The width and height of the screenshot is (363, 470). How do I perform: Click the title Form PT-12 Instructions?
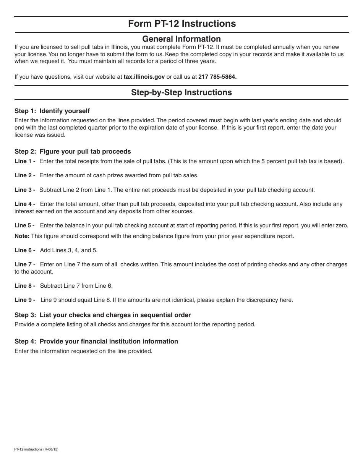click(x=181, y=24)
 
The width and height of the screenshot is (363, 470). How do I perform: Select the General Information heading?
click(x=181, y=39)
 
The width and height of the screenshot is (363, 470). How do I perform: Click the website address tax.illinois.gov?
click(x=144, y=77)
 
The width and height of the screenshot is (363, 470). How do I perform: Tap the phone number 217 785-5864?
click(x=217, y=77)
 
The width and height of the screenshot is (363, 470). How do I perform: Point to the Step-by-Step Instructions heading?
click(x=181, y=92)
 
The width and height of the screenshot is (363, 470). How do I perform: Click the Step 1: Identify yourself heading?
click(x=52, y=111)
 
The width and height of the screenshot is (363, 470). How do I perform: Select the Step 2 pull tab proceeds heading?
click(x=73, y=152)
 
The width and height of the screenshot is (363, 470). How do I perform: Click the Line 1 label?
click(x=24, y=161)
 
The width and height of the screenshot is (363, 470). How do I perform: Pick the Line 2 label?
click(x=24, y=175)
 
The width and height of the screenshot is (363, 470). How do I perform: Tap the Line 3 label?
click(x=24, y=190)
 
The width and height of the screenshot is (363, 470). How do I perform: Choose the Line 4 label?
click(x=24, y=204)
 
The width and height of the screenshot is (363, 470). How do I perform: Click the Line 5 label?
click(x=24, y=225)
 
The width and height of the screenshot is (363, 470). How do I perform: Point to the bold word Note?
click(x=22, y=236)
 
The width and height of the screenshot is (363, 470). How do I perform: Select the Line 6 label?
click(x=24, y=250)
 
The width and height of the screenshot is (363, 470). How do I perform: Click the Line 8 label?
click(x=24, y=286)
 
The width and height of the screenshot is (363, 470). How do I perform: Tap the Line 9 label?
click(x=24, y=300)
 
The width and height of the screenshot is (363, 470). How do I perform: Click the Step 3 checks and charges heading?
click(x=102, y=315)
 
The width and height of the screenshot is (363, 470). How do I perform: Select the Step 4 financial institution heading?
click(x=96, y=342)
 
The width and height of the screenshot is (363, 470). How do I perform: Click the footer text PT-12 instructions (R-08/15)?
click(x=36, y=449)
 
